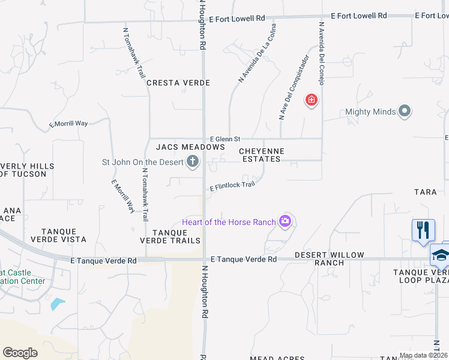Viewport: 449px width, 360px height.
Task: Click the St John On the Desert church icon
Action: tap(193, 161)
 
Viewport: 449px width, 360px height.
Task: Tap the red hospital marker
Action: tap(311, 100)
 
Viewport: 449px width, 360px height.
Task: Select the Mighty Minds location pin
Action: tap(405, 112)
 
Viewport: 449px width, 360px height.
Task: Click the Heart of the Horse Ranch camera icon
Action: tap(285, 222)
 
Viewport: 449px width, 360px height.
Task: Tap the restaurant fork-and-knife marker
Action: tap(423, 230)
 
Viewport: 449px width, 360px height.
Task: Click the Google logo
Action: tap(20, 353)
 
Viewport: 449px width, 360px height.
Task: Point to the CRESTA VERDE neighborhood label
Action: tap(178, 83)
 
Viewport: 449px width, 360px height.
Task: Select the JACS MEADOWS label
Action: tap(190, 147)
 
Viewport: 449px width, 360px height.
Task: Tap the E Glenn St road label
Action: tap(224, 139)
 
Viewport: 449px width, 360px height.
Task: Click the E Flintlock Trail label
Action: tap(232, 187)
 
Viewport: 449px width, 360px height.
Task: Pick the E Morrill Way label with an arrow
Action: tap(68, 124)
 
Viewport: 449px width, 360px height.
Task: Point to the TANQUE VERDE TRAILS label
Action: tap(175, 236)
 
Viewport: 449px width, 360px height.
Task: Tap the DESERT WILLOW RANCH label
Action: tap(329, 259)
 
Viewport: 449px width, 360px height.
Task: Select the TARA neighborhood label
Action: tap(425, 192)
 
